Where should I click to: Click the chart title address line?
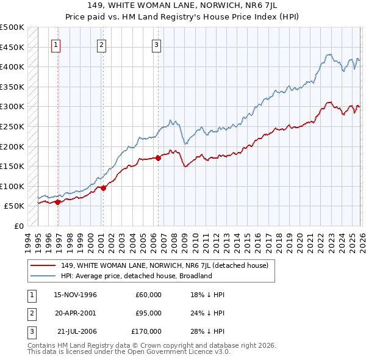pos(183,7)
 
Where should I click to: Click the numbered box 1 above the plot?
pos(56,45)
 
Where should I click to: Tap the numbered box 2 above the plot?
pos(101,45)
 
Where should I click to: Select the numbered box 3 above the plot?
pos(156,45)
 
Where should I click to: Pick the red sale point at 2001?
pos(103,189)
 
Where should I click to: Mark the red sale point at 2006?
pos(158,158)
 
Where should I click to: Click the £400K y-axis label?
pos(12,67)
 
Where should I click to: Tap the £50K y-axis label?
pos(15,207)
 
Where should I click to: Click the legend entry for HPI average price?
pos(135,276)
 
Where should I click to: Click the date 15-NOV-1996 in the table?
pos(75,295)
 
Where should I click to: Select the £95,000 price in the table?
pos(148,313)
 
